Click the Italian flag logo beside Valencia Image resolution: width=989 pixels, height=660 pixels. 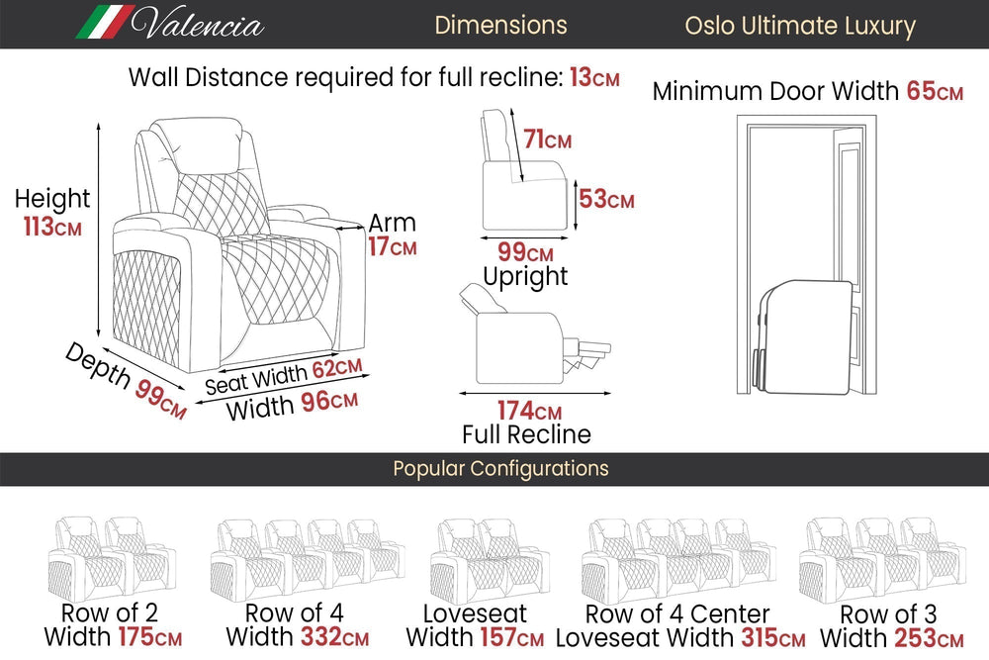pyautogui.click(x=104, y=22)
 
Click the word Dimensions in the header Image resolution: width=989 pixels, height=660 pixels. pyautogui.click(x=500, y=25)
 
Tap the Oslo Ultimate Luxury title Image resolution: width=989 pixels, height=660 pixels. pyautogui.click(x=800, y=26)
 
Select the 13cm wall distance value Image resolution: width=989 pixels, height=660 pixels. pyautogui.click(x=594, y=77)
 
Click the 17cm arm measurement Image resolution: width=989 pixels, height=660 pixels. pyautogui.click(x=392, y=247)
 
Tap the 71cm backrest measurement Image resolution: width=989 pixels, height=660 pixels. pyautogui.click(x=547, y=141)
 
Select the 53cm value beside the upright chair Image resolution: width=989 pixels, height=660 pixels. pyautogui.click(x=606, y=199)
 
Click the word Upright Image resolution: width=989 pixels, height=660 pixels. pyautogui.click(x=525, y=276)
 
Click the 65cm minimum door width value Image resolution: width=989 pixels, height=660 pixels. pyautogui.click(x=935, y=92)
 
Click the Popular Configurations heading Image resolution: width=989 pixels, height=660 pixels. pyautogui.click(x=500, y=468)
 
